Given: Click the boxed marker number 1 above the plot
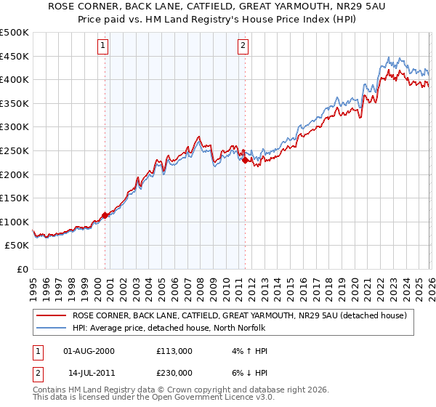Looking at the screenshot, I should coord(103,46).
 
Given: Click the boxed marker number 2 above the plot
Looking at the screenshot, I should coord(243,46).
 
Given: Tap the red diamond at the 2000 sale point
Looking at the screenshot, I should coord(105,215).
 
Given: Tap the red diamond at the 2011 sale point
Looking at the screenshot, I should coord(246,160).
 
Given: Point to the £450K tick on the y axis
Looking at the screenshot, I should coord(15,56).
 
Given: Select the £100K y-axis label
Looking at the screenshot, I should coord(15,222).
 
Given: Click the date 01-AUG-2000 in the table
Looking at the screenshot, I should coord(89,351).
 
